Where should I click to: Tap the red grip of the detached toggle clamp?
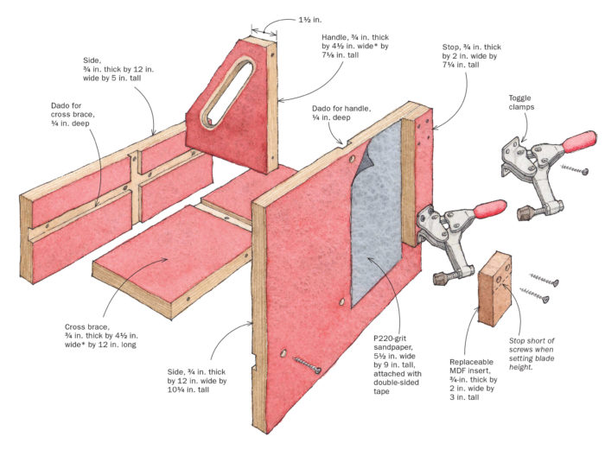click(x=576, y=140)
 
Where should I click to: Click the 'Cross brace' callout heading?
click(x=86, y=327)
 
